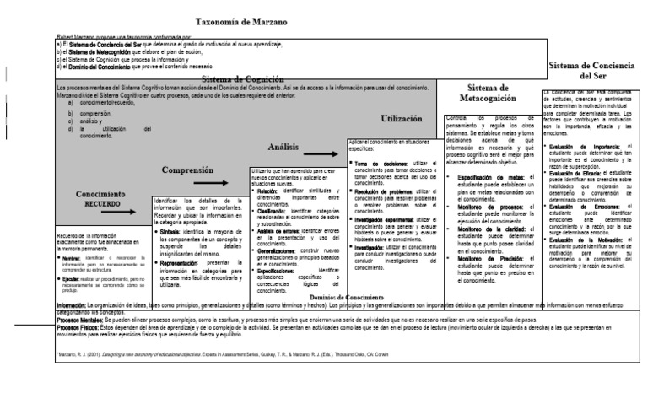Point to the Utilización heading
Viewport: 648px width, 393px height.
point(408,120)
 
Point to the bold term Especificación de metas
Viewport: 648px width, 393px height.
point(489,177)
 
